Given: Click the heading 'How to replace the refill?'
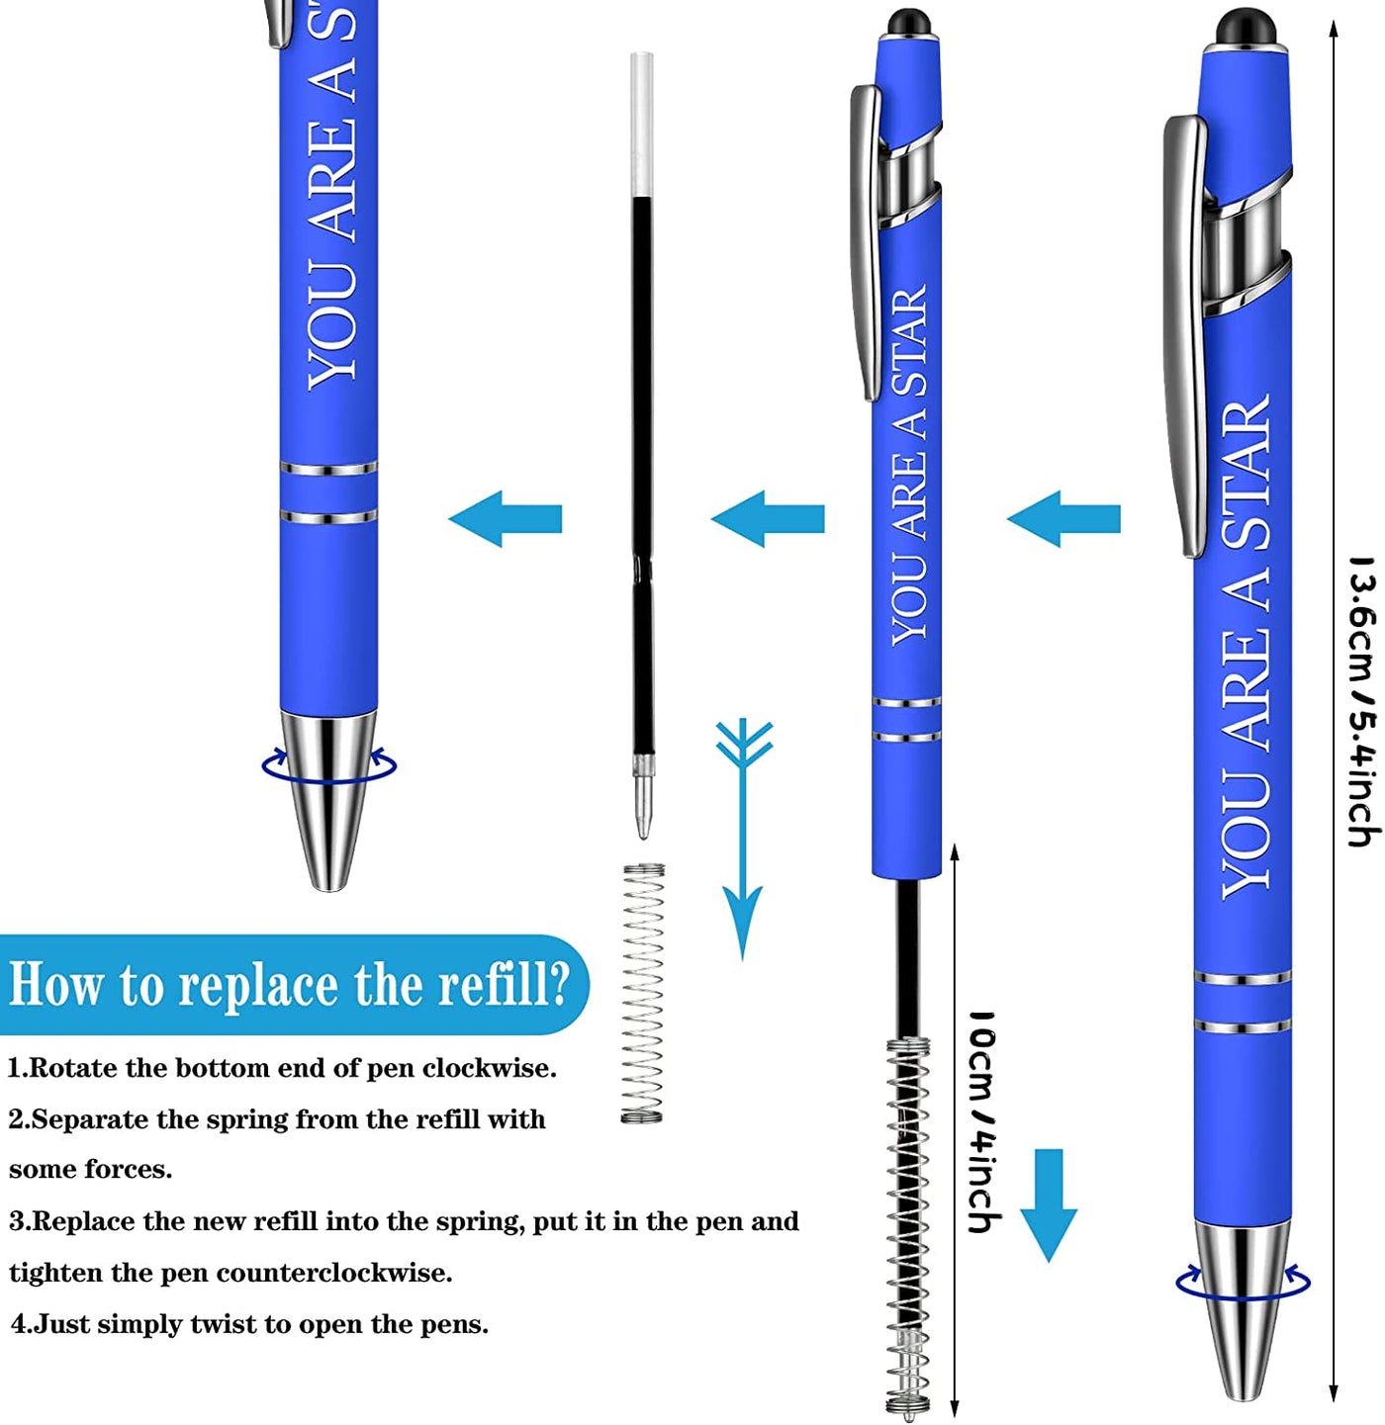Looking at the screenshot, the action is [289, 983].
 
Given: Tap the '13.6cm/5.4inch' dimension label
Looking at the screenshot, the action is [1363, 701].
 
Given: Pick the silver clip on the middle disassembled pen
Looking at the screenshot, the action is [866, 241].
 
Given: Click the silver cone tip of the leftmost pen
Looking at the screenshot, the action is [328, 798].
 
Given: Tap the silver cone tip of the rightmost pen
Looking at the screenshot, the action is [1243, 1308].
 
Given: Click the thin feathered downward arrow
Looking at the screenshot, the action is [743, 839].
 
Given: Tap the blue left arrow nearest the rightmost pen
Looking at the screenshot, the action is [1063, 519].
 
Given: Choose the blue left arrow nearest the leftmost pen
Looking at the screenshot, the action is [505, 519].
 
